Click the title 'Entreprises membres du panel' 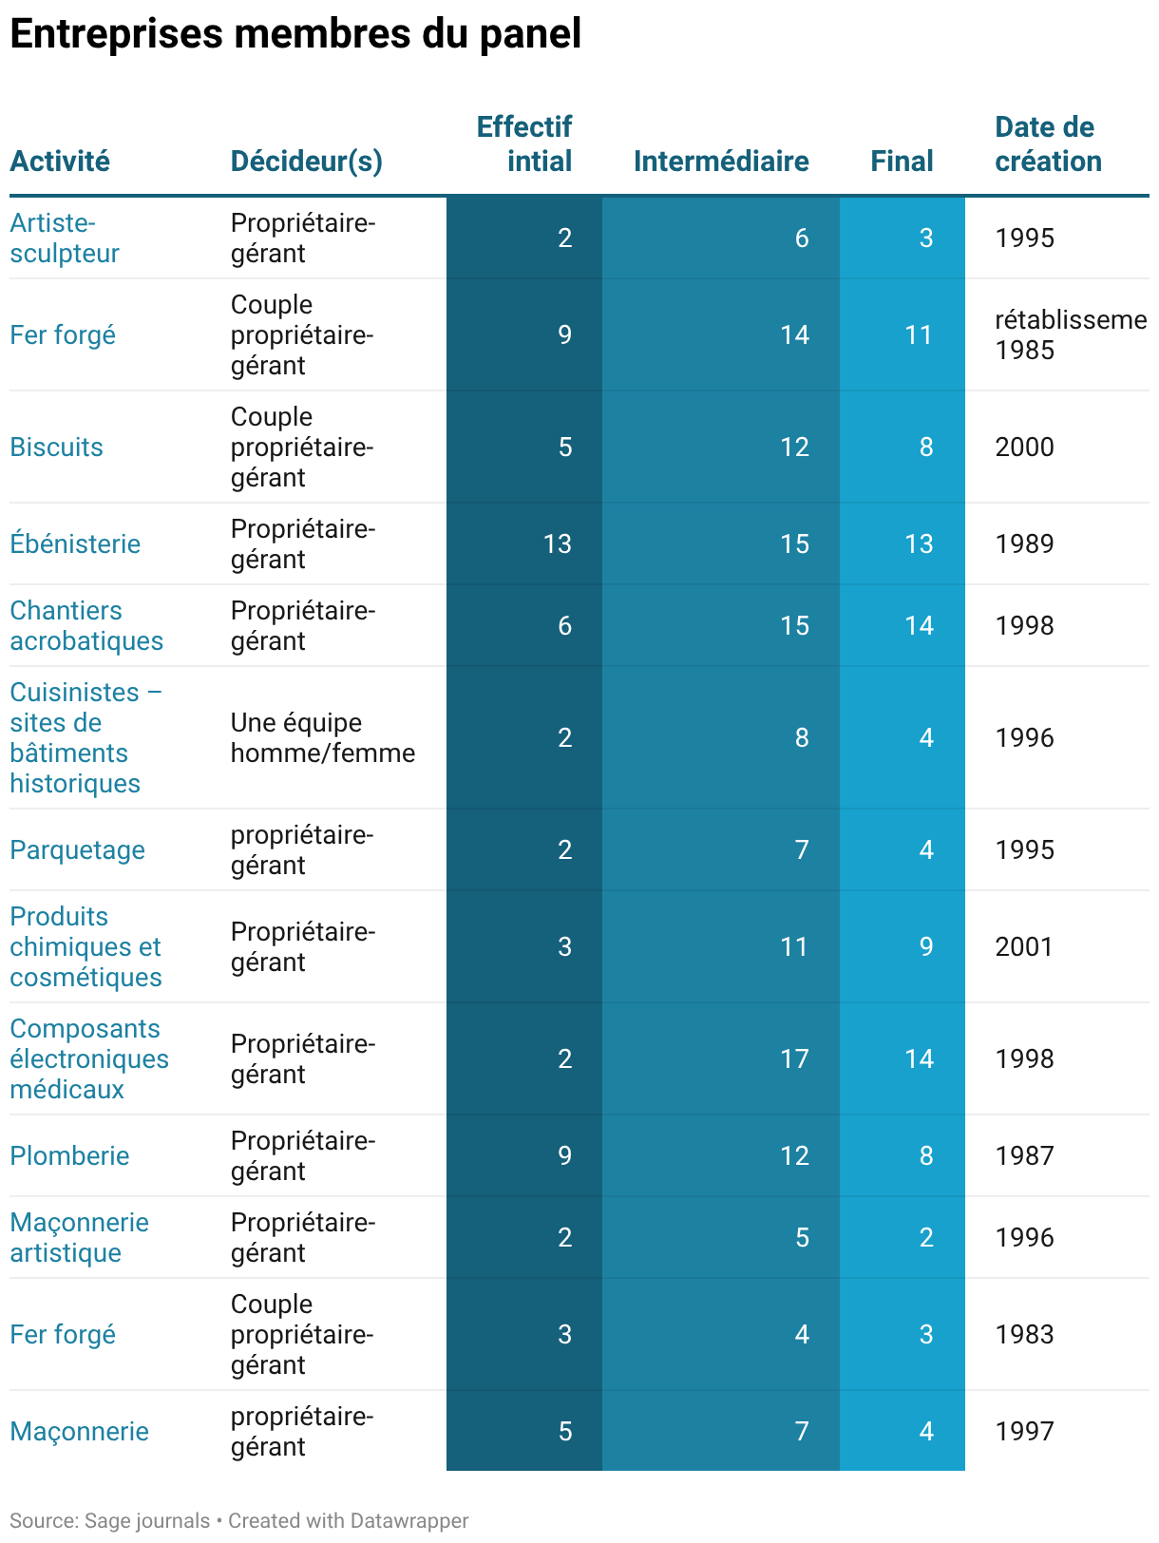pyautogui.click(x=295, y=33)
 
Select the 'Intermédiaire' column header pyautogui.click(x=720, y=161)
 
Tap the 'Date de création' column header pyautogui.click(x=1048, y=144)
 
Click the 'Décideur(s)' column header pyautogui.click(x=307, y=162)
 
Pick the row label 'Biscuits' pyautogui.click(x=56, y=447)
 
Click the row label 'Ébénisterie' pyautogui.click(x=75, y=543)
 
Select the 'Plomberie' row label pyautogui.click(x=69, y=1155)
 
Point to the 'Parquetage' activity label pyautogui.click(x=77, y=849)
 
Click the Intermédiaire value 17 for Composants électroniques pyautogui.click(x=794, y=1057)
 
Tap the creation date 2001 pyautogui.click(x=1024, y=946)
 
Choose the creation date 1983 pyautogui.click(x=1024, y=1334)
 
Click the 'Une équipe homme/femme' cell pyautogui.click(x=323, y=737)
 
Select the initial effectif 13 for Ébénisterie pyautogui.click(x=558, y=543)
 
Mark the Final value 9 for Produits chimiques pyautogui.click(x=926, y=946)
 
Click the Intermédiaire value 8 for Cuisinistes pyautogui.click(x=801, y=737)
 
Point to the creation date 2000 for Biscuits pyautogui.click(x=1024, y=447)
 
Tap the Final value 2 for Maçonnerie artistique pyautogui.click(x=926, y=1236)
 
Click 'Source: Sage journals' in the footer pyautogui.click(x=109, y=1520)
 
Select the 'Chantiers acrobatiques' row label pyautogui.click(x=86, y=625)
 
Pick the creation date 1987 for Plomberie pyautogui.click(x=1024, y=1155)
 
